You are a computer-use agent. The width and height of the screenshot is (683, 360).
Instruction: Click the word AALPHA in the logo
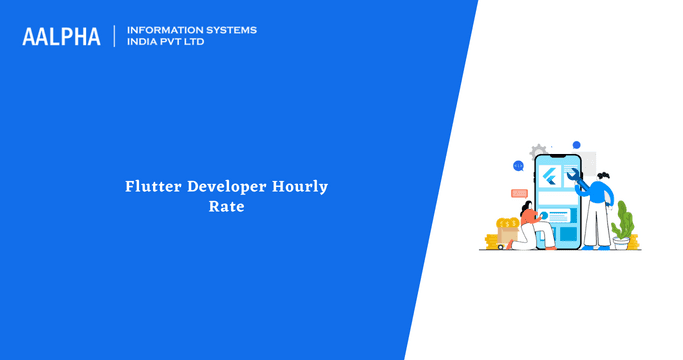click(x=61, y=36)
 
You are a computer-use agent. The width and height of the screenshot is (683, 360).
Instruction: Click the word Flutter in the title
click(x=154, y=187)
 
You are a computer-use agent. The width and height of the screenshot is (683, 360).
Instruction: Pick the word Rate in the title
click(x=227, y=208)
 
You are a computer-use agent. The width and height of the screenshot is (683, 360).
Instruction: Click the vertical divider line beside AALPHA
click(x=116, y=36)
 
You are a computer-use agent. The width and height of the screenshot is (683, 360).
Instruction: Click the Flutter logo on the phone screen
click(x=552, y=178)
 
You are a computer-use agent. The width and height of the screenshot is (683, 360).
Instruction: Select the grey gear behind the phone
click(x=539, y=150)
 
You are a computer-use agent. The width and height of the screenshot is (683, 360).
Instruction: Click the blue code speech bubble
click(x=518, y=166)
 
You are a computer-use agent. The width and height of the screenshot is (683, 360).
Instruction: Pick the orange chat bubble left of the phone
click(x=519, y=192)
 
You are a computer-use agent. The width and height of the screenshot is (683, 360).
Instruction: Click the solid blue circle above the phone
click(x=576, y=145)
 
